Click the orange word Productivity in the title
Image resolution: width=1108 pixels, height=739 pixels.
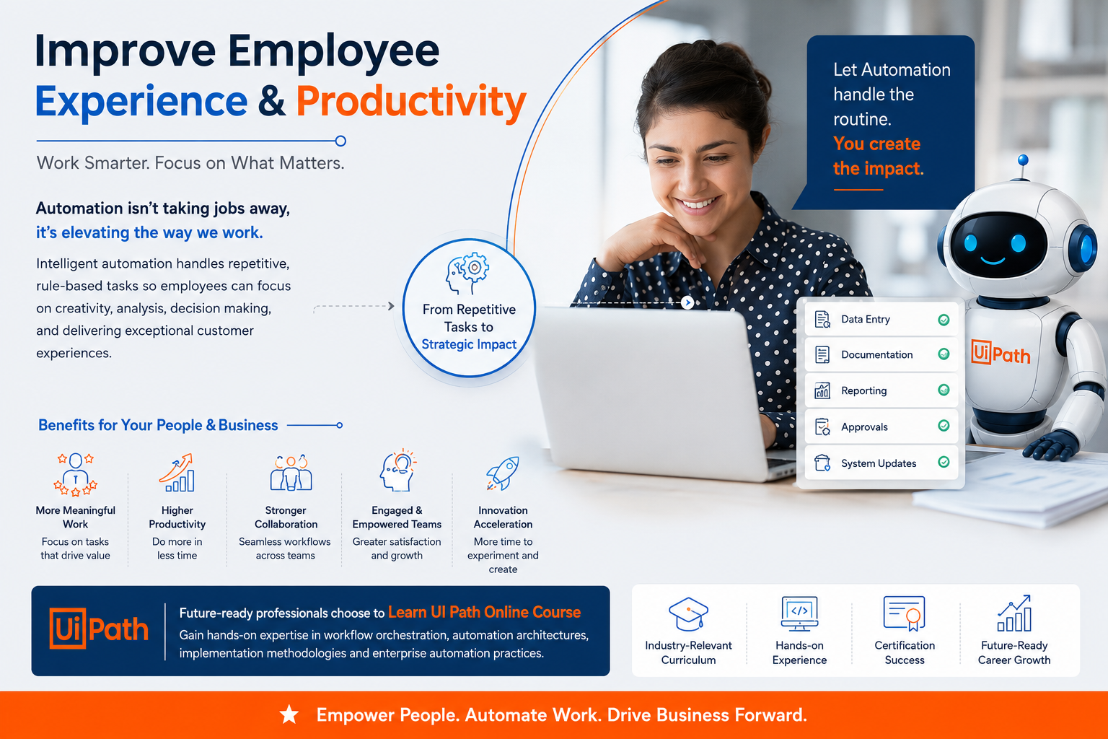pyautogui.click(x=411, y=102)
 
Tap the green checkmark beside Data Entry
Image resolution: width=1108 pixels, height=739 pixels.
pyautogui.click(x=944, y=320)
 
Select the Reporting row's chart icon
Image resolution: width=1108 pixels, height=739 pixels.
pyautogui.click(x=822, y=390)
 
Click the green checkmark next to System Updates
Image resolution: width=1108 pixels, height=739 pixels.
pyautogui.click(x=944, y=463)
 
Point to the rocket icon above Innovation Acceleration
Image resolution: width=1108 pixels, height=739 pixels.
pyautogui.click(x=503, y=473)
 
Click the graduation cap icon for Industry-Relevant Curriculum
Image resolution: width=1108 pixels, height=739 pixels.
pyautogui.click(x=688, y=613)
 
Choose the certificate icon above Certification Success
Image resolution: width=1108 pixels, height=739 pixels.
pyautogui.click(x=904, y=613)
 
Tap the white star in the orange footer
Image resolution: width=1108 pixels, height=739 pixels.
pyautogui.click(x=289, y=714)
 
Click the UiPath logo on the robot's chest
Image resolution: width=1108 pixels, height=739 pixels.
pyautogui.click(x=1001, y=352)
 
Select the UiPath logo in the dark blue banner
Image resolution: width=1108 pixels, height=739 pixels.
pyautogui.click(x=99, y=628)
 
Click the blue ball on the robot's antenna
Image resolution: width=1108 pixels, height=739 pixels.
pyautogui.click(x=1023, y=160)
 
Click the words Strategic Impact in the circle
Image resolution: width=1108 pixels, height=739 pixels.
pyautogui.click(x=469, y=344)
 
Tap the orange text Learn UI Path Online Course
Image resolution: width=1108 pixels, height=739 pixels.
pyautogui.click(x=484, y=612)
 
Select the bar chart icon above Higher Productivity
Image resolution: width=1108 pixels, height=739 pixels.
pyautogui.click(x=177, y=473)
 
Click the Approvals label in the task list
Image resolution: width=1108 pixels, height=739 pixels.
pyautogui.click(x=864, y=427)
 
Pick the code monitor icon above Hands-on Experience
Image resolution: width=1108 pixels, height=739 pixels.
pyautogui.click(x=799, y=613)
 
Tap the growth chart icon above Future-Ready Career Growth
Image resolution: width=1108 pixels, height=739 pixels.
pyautogui.click(x=1014, y=613)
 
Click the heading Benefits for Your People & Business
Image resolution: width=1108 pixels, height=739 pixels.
pyautogui.click(x=158, y=425)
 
